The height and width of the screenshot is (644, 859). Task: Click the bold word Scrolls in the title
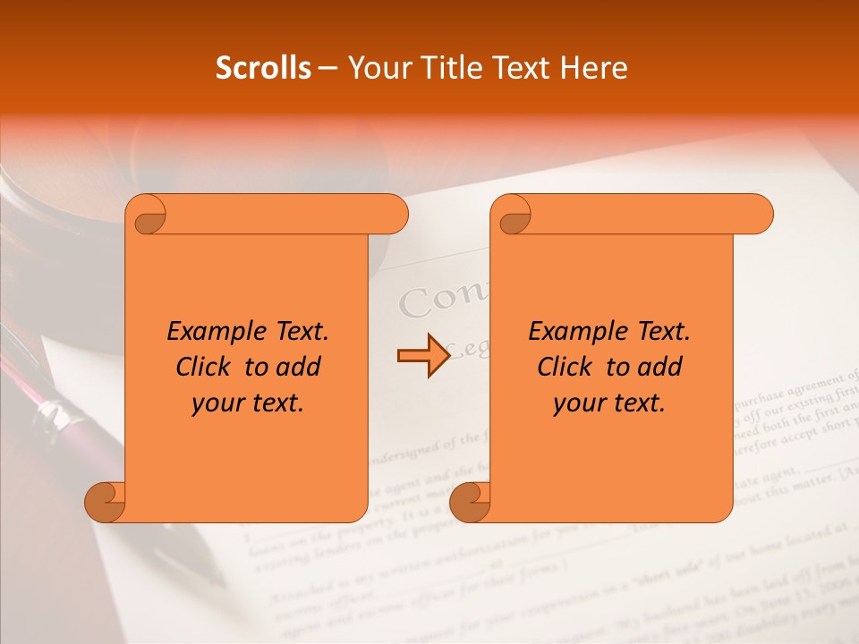pyautogui.click(x=263, y=68)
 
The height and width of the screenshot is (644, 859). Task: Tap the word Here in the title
pyautogui.click(x=593, y=68)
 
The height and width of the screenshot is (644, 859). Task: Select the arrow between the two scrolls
pyautogui.click(x=423, y=356)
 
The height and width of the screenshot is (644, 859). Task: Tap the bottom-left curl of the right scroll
pyautogui.click(x=470, y=502)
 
